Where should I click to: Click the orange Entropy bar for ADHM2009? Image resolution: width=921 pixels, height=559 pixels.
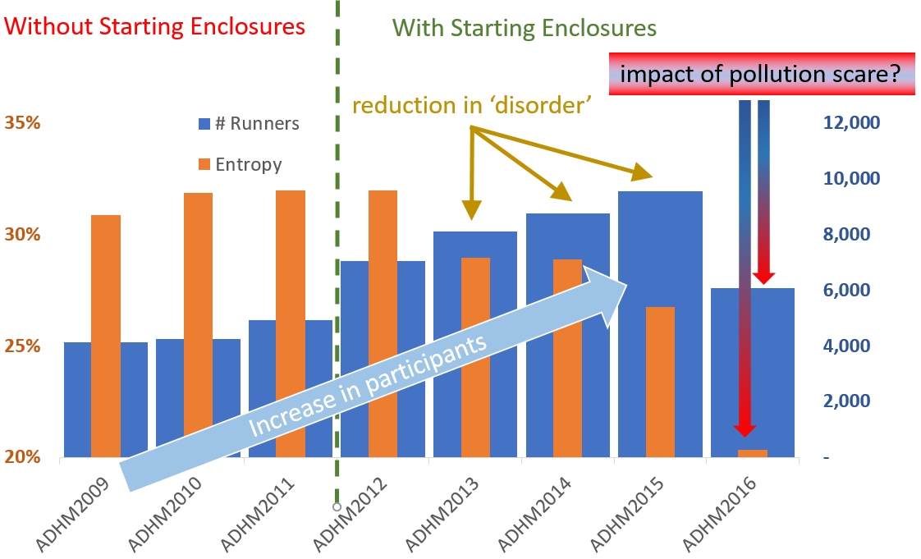click(106, 328)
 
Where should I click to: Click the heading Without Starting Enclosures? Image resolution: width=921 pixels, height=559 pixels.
click(155, 26)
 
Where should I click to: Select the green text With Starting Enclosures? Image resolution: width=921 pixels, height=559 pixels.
click(523, 28)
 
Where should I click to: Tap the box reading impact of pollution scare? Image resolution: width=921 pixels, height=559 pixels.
click(762, 75)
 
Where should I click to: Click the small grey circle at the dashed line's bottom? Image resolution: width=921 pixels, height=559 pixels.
click(337, 506)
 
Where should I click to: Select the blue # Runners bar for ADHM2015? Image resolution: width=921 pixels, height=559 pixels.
click(659, 246)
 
